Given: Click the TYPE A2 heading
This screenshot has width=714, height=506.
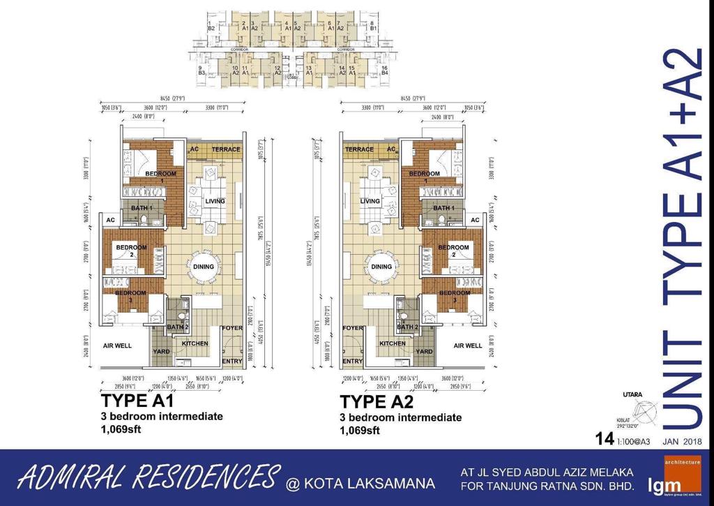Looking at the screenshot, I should click(377, 403).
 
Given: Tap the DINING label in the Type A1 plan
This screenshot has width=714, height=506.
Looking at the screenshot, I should click(203, 267).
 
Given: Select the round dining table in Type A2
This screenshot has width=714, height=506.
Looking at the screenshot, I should click(382, 267).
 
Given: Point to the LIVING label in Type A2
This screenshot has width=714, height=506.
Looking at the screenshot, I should click(370, 201).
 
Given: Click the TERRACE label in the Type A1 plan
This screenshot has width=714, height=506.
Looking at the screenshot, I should click(226, 149).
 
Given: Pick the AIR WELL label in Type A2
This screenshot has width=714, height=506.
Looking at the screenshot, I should click(468, 345).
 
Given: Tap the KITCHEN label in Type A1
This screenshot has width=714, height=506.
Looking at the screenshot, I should click(195, 343).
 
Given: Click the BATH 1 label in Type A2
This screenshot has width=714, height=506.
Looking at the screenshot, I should click(443, 208).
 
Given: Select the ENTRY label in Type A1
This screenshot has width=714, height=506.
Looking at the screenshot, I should click(231, 361).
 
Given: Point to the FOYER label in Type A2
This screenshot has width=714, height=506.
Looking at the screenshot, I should click(353, 327).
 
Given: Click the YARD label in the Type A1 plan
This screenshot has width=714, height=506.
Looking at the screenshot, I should click(162, 352).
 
